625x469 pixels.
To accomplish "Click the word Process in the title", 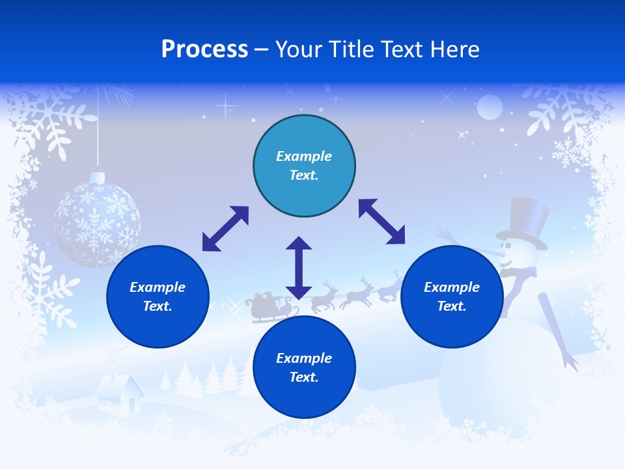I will (204, 50).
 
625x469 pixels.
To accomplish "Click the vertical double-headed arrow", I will (299, 268).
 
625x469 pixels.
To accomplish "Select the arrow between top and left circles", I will (225, 229).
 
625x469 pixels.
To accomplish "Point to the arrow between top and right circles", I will (382, 221).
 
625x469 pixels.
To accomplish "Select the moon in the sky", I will (490, 107).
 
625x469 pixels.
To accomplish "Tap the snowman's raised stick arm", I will (557, 329).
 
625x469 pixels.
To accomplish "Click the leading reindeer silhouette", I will (389, 287).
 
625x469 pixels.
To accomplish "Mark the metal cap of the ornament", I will (97, 177).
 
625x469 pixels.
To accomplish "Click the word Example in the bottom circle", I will (304, 358).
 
